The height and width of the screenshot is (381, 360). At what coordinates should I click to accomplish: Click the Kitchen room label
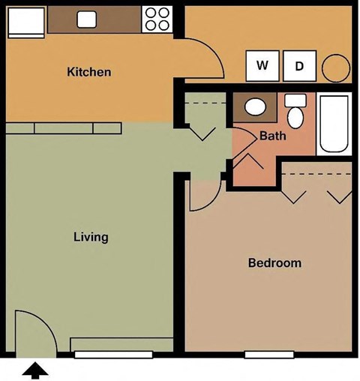tap(89, 73)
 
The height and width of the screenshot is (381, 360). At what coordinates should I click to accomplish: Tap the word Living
tap(91, 237)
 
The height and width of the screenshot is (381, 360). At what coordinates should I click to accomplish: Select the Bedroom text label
tap(274, 263)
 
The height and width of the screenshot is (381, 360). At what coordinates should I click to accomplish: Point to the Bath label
tap(271, 136)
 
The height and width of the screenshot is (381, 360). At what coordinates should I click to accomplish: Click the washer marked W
tap(262, 66)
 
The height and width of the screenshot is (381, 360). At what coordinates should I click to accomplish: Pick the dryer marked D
tap(299, 66)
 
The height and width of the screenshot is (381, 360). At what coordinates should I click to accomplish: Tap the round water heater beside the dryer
tap(335, 67)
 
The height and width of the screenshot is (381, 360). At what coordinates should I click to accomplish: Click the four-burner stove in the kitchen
tap(157, 19)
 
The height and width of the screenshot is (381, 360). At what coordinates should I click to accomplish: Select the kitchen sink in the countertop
tap(87, 19)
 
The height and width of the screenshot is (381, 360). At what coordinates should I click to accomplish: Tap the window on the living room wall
tap(113, 354)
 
